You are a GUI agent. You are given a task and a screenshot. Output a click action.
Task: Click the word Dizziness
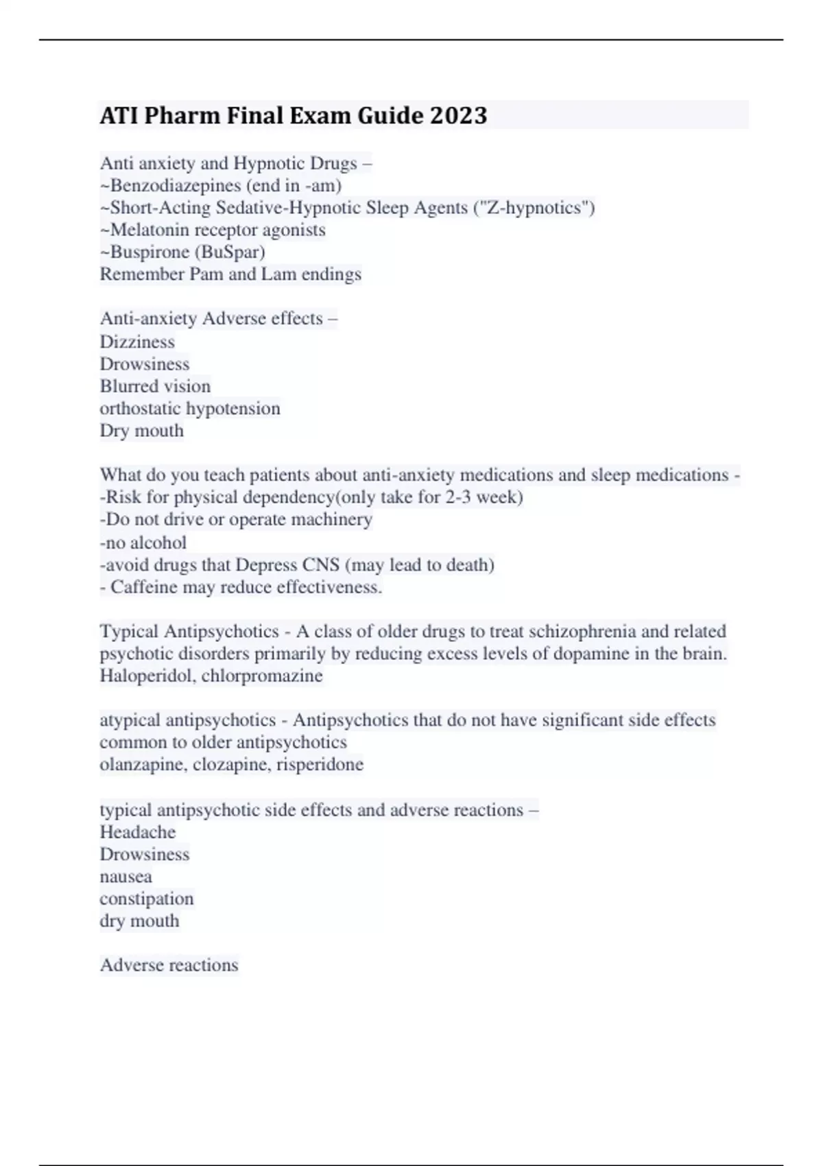tap(137, 342)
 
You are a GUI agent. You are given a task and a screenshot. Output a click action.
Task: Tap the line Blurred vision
tap(155, 386)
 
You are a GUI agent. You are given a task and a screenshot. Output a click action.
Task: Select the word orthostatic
tap(140, 408)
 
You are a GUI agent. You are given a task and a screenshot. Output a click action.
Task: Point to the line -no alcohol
tap(143, 543)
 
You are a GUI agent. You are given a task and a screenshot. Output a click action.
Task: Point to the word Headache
tap(137, 832)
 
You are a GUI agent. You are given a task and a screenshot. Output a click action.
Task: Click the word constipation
tap(147, 899)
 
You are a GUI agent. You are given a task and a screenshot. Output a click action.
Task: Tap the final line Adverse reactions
tap(169, 965)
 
